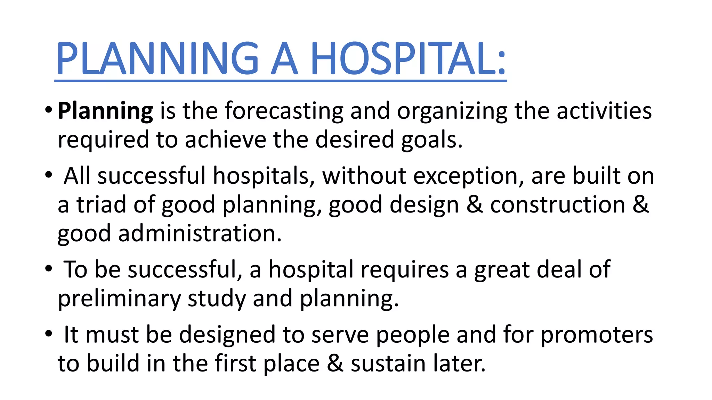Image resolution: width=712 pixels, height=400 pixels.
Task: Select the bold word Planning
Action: [105, 111]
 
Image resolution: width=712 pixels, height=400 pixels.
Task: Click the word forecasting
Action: [284, 111]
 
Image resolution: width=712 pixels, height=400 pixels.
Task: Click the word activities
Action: [604, 111]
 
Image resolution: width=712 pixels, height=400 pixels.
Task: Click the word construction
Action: [557, 205]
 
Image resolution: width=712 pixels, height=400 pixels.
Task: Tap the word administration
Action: [200, 233]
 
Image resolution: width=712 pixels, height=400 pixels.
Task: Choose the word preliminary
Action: [119, 299]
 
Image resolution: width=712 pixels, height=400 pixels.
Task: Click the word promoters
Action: [597, 335]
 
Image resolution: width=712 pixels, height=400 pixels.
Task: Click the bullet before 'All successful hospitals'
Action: [49, 175]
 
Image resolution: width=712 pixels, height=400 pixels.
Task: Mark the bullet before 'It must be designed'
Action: [49, 334]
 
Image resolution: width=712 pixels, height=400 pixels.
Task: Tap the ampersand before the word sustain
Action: [335, 364]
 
